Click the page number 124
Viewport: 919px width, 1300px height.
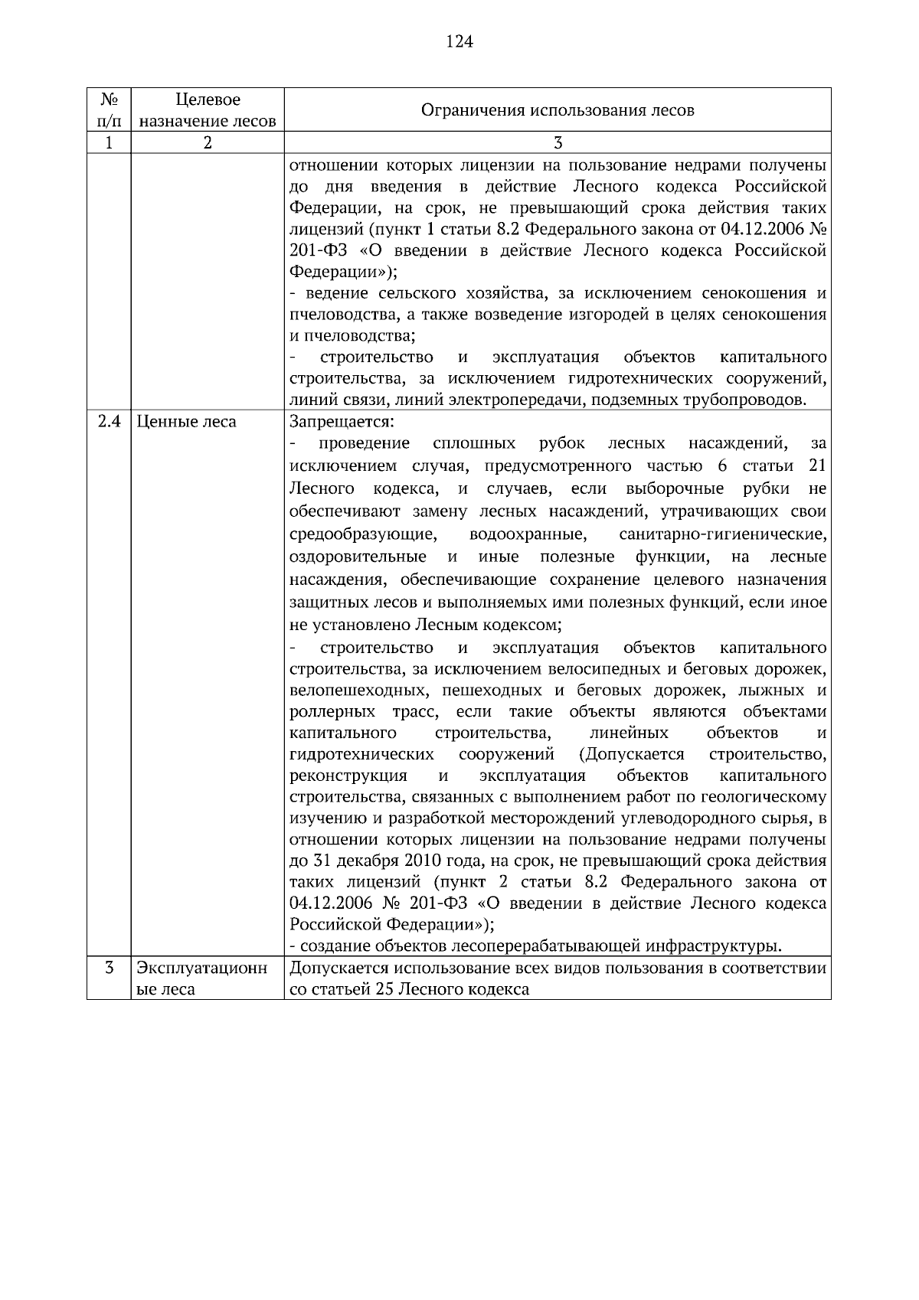pyautogui.click(x=459, y=41)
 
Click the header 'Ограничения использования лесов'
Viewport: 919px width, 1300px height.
pyautogui.click(x=558, y=110)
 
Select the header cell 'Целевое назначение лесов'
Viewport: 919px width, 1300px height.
pyautogui.click(x=208, y=110)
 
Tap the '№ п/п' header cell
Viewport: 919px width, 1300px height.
pyautogui.click(x=109, y=110)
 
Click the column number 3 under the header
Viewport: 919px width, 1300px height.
pyautogui.click(x=558, y=143)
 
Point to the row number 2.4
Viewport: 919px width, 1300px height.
pyautogui.click(x=110, y=422)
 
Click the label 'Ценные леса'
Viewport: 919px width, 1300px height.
pyautogui.click(x=186, y=422)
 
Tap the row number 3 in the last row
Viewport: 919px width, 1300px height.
pyautogui.click(x=109, y=968)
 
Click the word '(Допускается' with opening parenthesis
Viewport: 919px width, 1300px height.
pyautogui.click(x=632, y=755)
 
